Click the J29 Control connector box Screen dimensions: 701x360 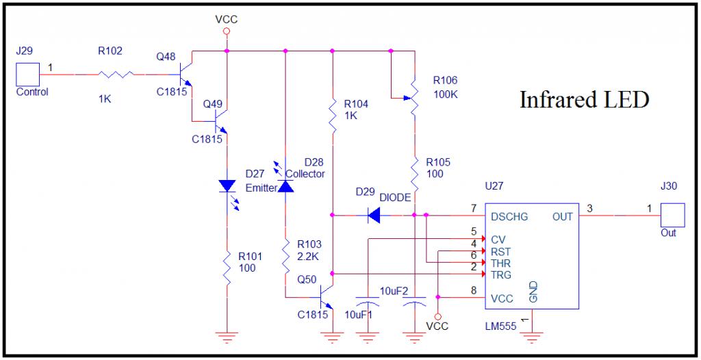(x=27, y=74)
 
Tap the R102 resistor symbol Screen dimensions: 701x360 (x=115, y=74)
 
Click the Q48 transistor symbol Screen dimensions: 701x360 (x=185, y=73)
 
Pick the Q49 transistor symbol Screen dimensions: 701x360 (x=220, y=120)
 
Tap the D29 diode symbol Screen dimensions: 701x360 (x=374, y=215)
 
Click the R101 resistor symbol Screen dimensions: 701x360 (x=227, y=267)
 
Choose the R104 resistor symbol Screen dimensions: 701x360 (x=333, y=116)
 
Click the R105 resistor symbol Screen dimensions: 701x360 (x=414, y=173)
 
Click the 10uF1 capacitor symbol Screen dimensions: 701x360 (x=367, y=300)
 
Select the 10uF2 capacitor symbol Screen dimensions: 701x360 (x=414, y=300)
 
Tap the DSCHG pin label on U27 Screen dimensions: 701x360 (x=509, y=217)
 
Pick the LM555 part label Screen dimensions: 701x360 (x=501, y=326)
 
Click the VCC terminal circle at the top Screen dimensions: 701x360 (x=227, y=31)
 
